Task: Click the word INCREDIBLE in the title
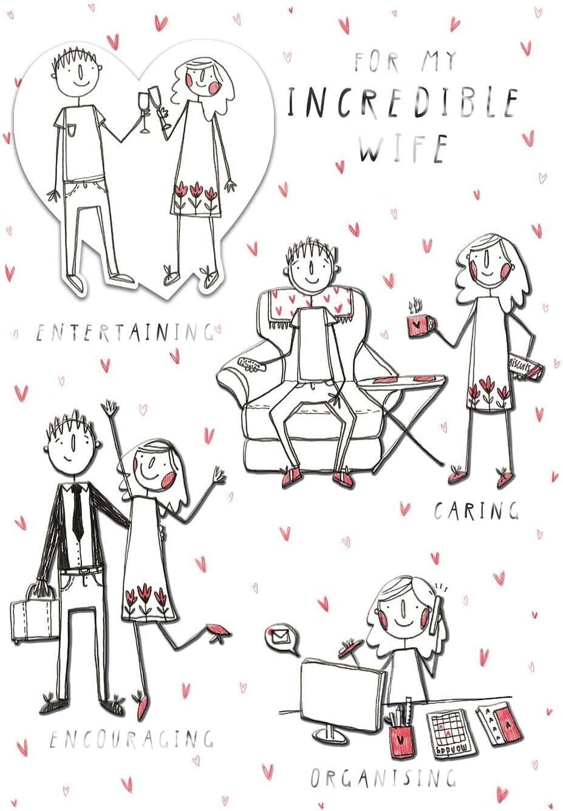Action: pyautogui.click(x=402, y=103)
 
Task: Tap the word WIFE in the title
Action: pyautogui.click(x=403, y=149)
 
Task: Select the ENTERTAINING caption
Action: pyautogui.click(x=125, y=333)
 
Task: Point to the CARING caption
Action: pyautogui.click(x=476, y=511)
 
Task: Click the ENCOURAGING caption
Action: pyautogui.click(x=131, y=738)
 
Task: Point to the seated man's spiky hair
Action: pyautogui.click(x=311, y=250)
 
